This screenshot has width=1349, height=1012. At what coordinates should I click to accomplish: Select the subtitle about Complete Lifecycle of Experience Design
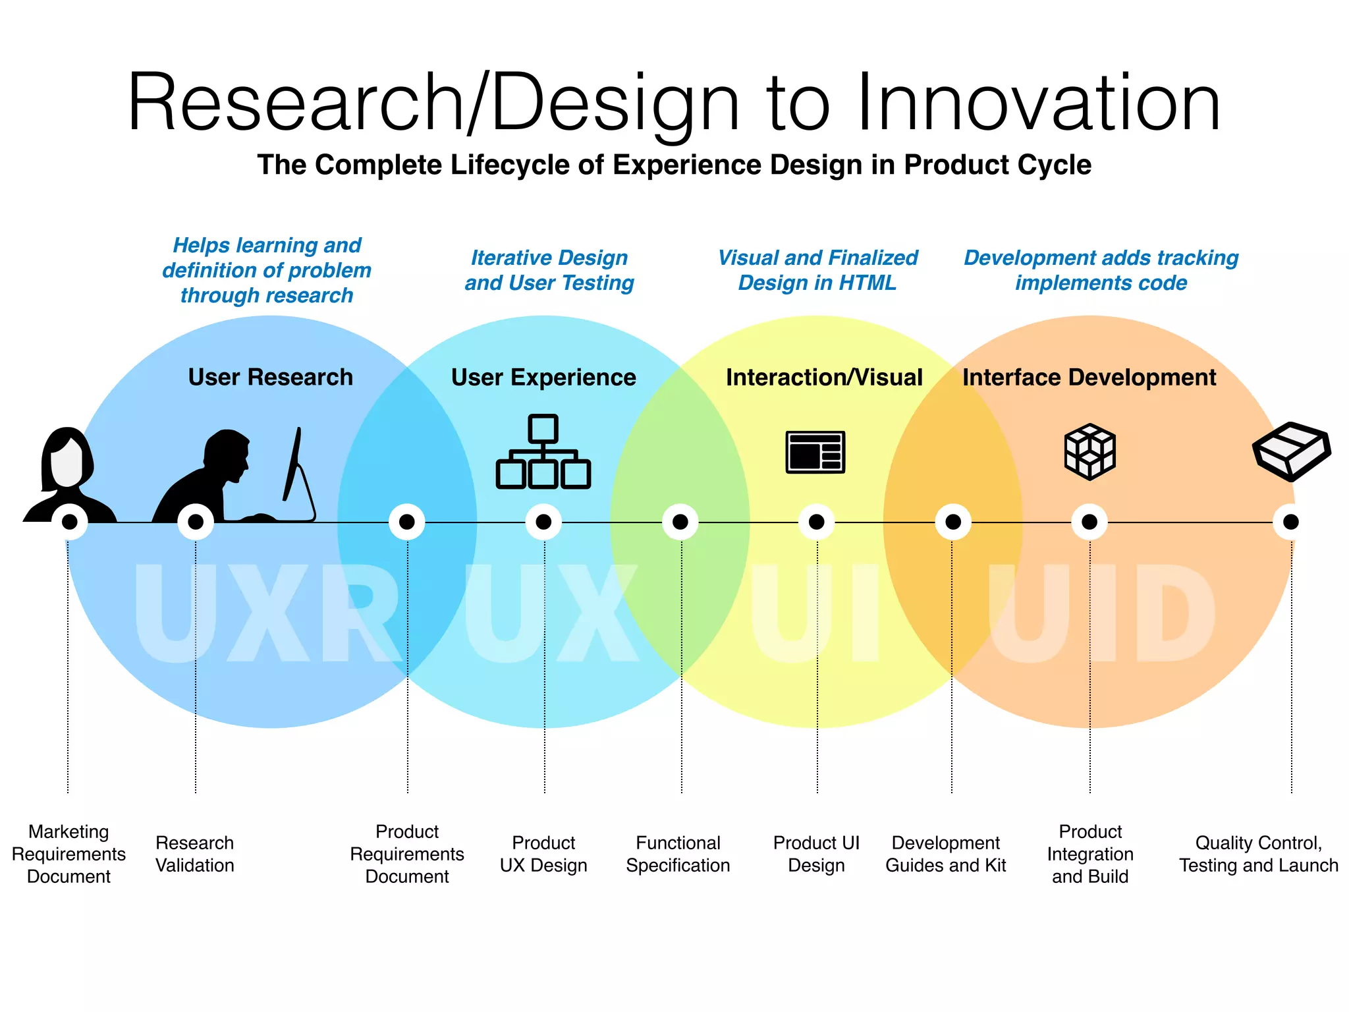674,165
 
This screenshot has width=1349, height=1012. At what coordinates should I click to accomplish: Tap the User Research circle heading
270,378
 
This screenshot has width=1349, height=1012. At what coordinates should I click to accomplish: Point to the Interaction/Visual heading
824,378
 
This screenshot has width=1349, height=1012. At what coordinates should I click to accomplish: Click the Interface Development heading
1089,378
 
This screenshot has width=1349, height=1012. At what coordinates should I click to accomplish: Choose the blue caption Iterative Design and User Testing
549,270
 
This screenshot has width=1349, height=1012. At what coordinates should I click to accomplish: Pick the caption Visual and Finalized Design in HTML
817,270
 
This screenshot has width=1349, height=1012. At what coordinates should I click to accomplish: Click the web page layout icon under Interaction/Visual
815,452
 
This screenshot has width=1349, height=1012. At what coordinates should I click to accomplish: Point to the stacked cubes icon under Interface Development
1089,452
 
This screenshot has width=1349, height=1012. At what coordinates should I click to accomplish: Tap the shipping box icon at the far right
1291,451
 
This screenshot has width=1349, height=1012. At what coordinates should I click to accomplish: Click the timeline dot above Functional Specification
680,522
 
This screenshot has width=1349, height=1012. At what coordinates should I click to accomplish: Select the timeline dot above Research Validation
196,522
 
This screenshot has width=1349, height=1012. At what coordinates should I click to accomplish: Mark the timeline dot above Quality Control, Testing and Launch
1290,522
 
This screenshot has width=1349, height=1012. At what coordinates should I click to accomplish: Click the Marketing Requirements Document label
69,854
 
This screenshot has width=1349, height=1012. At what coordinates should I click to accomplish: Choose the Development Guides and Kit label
946,854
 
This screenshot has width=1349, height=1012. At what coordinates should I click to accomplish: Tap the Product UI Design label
816,854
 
